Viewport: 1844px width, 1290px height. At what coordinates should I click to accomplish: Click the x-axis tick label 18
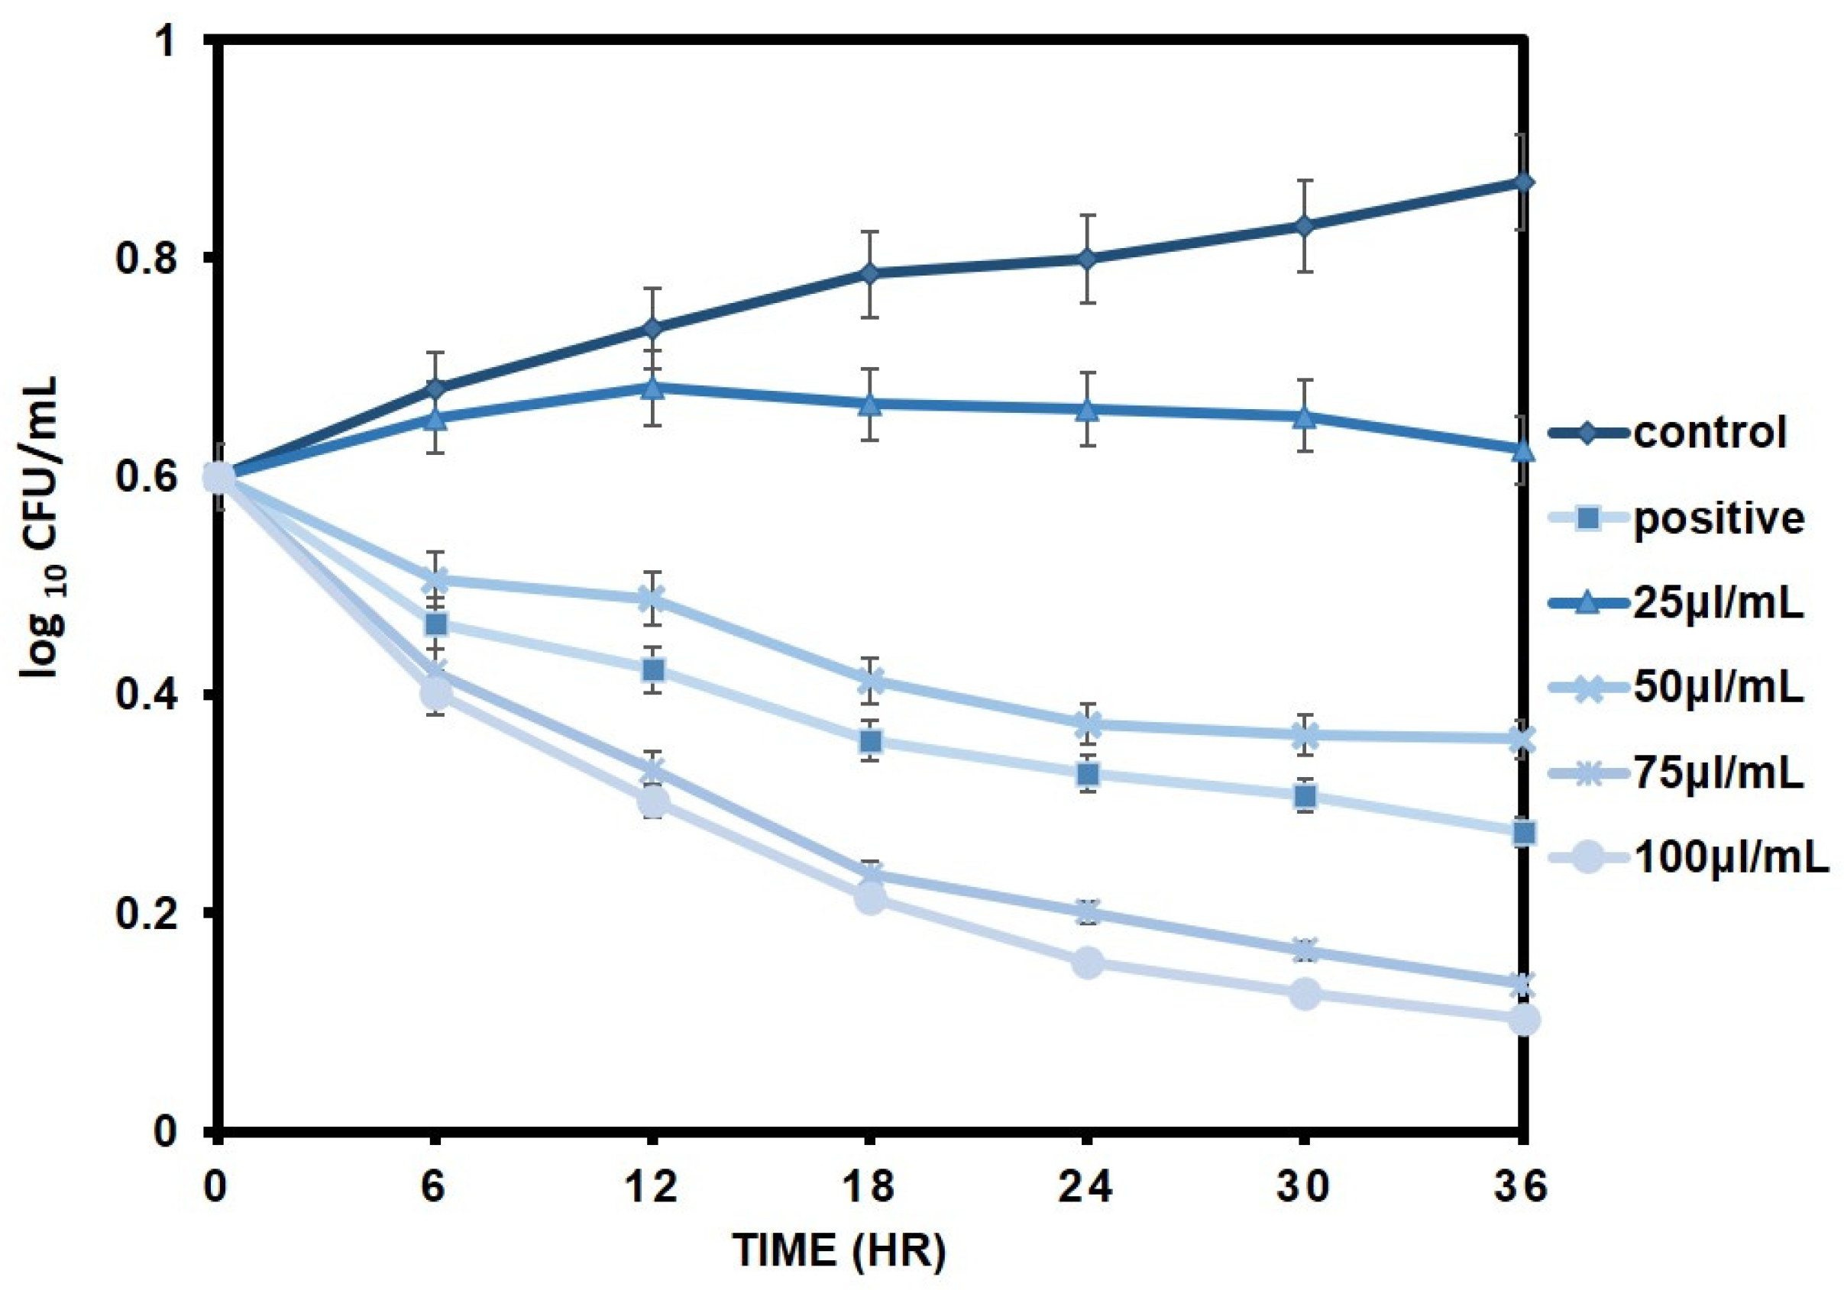[x=870, y=1187]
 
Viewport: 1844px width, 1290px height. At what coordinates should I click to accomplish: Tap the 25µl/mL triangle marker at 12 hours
[x=652, y=388]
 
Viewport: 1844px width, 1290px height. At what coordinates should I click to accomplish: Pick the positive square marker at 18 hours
[x=871, y=741]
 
